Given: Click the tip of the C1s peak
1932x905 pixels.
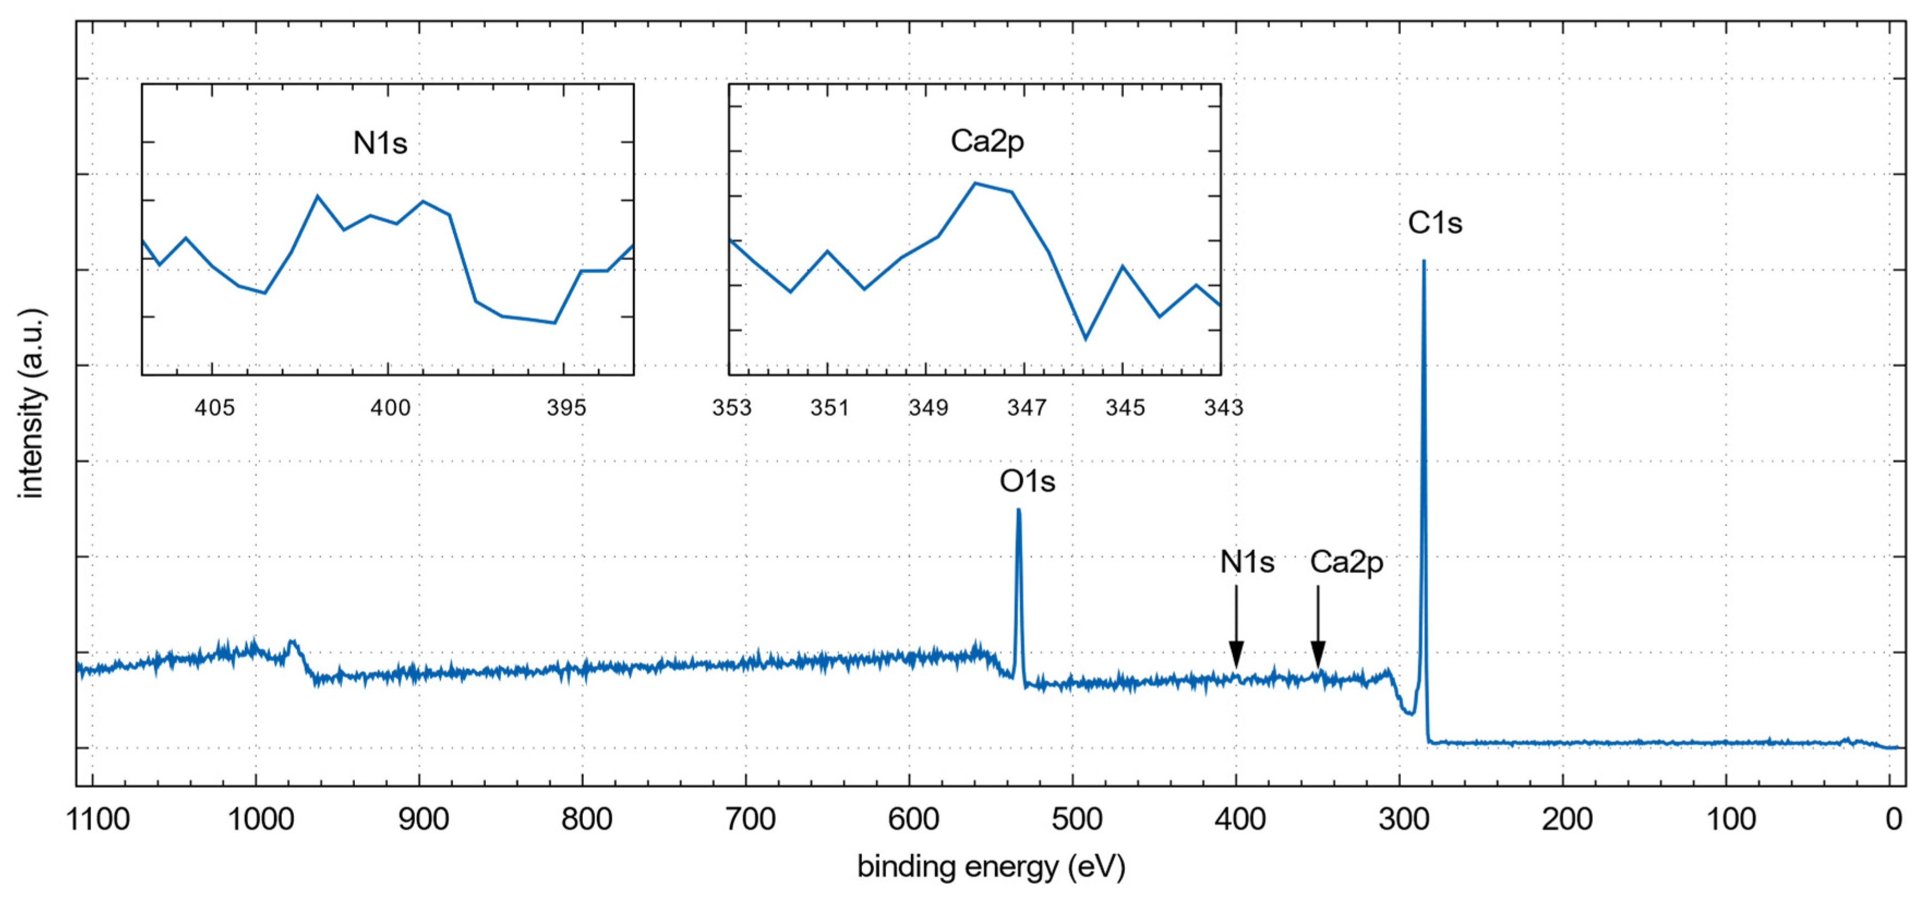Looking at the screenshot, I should pos(1423,261).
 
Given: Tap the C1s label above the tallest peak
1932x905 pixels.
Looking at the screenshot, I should pos(1435,222).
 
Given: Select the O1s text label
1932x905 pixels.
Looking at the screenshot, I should pos(1027,481).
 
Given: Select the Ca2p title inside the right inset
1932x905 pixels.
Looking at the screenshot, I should pos(987,141).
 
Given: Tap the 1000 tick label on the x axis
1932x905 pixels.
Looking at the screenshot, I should pos(260,819).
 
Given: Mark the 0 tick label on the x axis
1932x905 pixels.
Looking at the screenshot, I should pos(1893,819).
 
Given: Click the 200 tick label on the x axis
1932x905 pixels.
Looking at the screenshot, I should pos(1567,819).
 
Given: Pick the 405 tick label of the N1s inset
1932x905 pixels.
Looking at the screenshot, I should pos(214,408).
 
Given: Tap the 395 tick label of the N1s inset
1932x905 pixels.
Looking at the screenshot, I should pos(566,408).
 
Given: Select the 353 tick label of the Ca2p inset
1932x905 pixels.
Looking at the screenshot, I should pos(731,408).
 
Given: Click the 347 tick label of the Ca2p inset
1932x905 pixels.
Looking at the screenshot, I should pos(1026,408).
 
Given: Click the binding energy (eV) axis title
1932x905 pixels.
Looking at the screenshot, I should pos(991,867).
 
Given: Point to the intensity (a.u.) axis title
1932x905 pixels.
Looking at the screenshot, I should pos(32,403).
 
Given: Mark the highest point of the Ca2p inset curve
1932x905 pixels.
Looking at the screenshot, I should pos(975,183).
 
